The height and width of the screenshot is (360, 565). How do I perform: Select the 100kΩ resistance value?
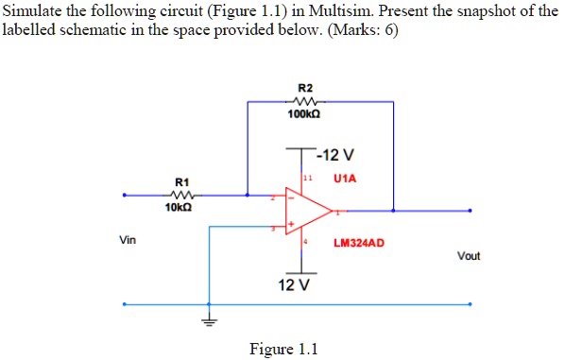coord(303,112)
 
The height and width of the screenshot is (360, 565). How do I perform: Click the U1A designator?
coord(344,177)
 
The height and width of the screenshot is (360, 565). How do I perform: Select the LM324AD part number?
coord(358,243)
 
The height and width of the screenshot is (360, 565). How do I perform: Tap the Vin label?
coord(128,240)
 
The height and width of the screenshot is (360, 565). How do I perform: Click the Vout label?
coord(468,256)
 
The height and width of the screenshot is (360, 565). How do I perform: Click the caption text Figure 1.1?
coord(283,349)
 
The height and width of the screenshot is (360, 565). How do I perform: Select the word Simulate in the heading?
coord(32,11)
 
